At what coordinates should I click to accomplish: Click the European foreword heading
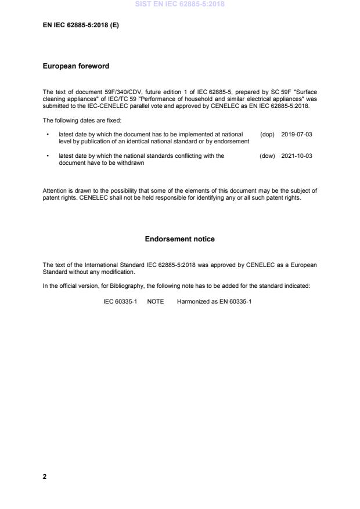[x=75, y=66]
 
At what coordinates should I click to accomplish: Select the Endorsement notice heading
[x=179, y=239]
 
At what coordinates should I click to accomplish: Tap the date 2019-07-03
[x=297, y=134]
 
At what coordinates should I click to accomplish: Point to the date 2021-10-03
[x=297, y=156]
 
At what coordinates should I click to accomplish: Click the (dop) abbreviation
[x=267, y=134]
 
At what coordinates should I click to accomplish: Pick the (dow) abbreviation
[x=267, y=156]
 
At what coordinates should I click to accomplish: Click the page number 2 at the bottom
[x=45, y=476]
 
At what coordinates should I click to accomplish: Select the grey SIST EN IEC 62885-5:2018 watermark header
[x=179, y=4]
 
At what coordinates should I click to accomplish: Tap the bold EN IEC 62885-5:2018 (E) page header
[x=81, y=26]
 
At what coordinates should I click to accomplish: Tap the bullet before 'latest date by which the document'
[x=47, y=134]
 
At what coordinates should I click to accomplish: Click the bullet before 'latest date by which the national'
[x=47, y=156]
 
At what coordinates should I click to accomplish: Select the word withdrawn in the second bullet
[x=132, y=163]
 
